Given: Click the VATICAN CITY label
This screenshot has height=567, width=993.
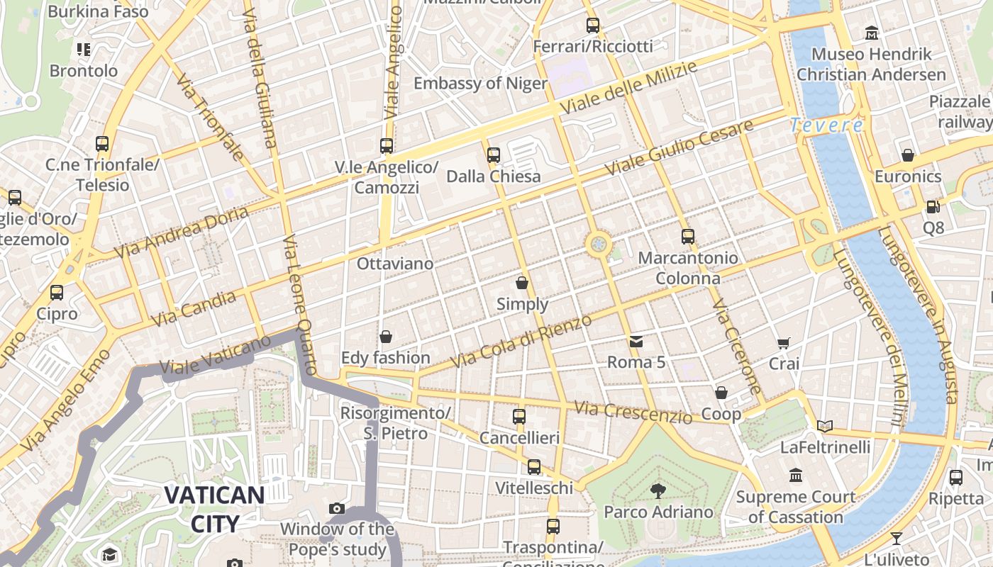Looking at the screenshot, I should (214, 509).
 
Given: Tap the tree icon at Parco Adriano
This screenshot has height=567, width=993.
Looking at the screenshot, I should (658, 490).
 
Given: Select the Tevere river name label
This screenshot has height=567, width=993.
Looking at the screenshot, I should (826, 125).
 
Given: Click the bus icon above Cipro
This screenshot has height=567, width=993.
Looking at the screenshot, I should (57, 292).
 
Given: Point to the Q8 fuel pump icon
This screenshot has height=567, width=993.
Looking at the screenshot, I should (933, 207).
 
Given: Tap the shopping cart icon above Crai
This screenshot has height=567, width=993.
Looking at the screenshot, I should (784, 343).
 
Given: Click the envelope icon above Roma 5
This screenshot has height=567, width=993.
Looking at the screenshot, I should (636, 342).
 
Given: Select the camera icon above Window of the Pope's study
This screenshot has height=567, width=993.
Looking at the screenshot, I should (337, 508).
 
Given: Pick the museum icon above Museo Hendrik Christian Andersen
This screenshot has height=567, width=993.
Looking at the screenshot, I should (871, 33).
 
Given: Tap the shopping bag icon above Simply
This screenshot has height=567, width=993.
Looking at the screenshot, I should (522, 283).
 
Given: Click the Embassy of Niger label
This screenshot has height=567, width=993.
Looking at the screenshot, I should (480, 84).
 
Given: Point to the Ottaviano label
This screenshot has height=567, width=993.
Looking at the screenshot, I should (394, 264).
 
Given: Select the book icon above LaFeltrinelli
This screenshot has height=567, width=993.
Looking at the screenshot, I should (824, 426).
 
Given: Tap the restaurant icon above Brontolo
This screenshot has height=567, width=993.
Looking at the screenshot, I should (84, 50).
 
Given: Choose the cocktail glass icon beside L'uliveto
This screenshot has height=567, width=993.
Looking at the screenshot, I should (897, 538).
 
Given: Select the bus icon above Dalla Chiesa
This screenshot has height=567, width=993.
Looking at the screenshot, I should (494, 155).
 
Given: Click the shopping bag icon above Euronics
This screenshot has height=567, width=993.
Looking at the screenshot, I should (908, 155).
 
